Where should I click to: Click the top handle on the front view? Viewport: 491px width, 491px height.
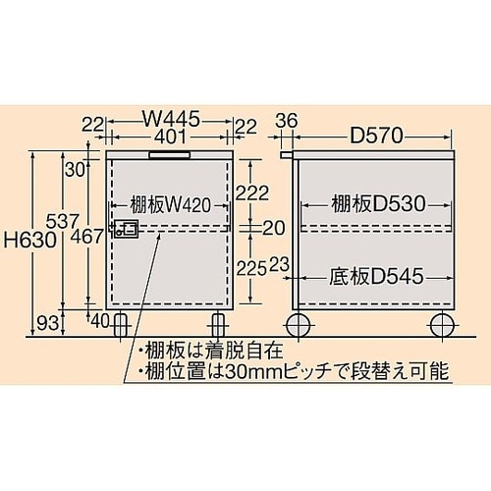coord(169,153)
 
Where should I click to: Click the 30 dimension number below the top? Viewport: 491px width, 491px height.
coord(75,168)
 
